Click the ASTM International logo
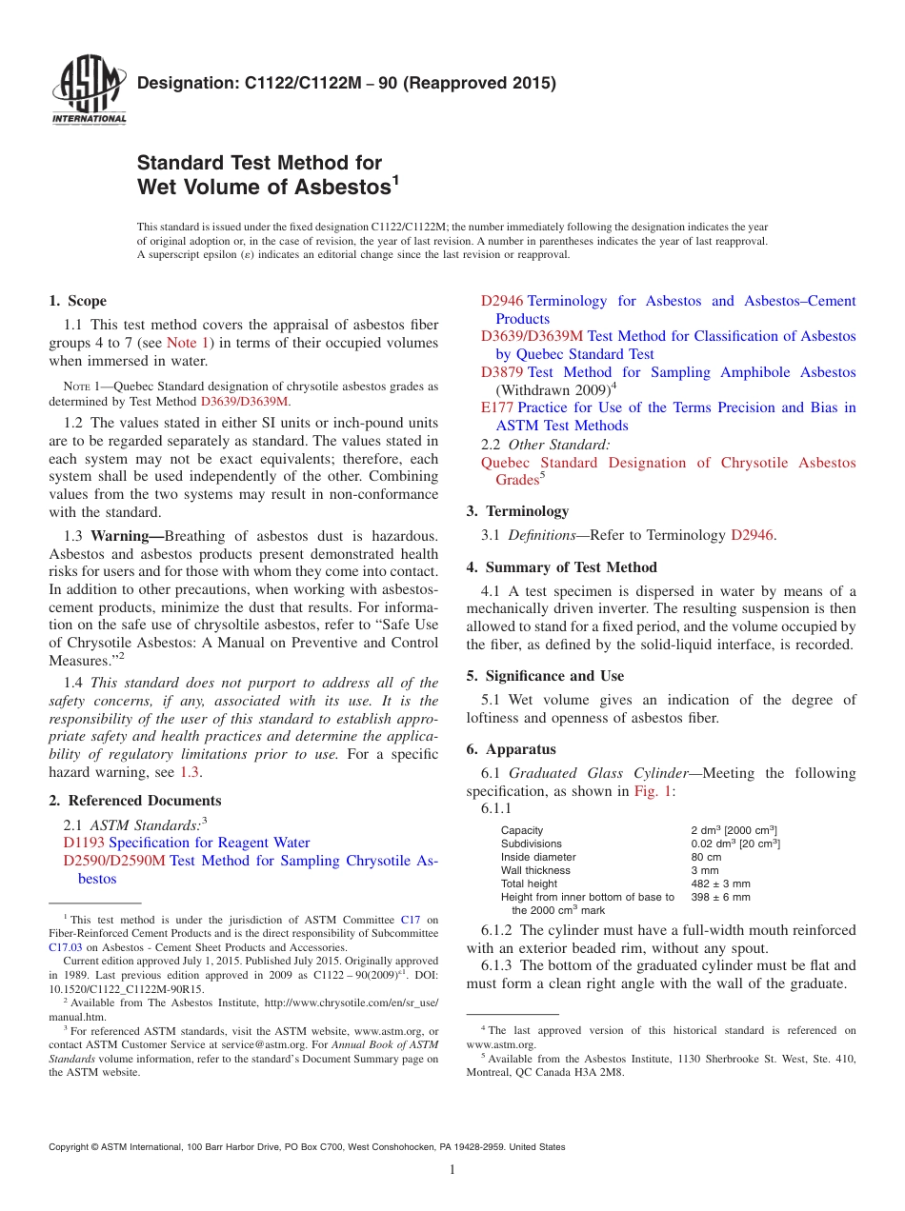coord(89,89)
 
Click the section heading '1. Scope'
coord(77,301)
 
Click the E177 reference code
coord(497,407)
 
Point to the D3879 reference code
coord(502,372)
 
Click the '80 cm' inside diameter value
coord(706,857)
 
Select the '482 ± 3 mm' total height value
coord(720,883)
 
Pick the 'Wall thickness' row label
coord(535,870)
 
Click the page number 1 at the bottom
coord(452,1170)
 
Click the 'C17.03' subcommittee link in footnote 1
coord(64,947)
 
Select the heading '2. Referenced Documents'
coord(134,801)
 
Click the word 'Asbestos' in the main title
coord(340,187)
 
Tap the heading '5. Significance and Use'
coord(545,676)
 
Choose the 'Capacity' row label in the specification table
coord(522,830)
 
